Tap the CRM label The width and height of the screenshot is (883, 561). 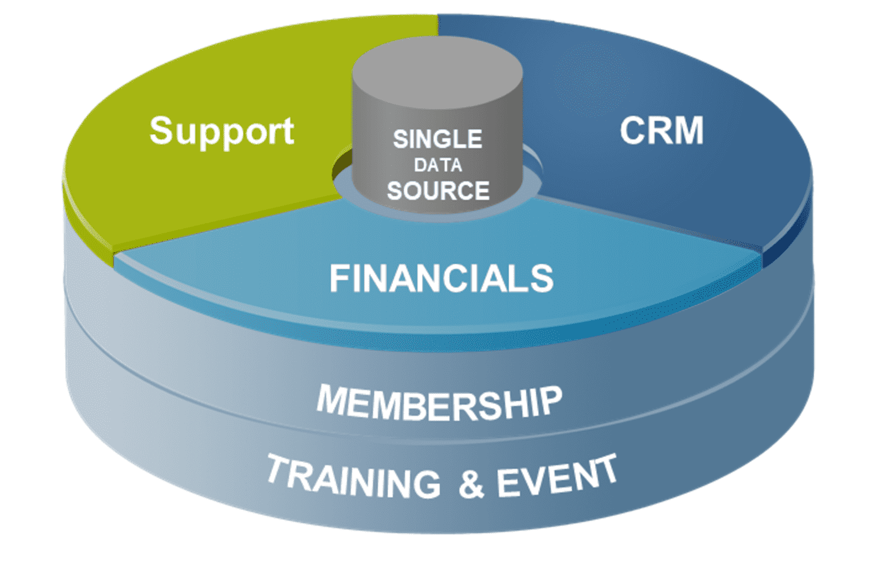pos(661,130)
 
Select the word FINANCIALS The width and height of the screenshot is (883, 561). pos(441,279)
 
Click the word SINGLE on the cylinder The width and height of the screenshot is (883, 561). pos(437,139)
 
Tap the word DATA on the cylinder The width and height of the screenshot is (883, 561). pos(438,166)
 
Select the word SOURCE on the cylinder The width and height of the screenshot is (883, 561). pos(438,191)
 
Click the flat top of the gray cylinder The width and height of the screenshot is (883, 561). pos(437,63)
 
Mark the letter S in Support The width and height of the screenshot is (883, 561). pos(163,130)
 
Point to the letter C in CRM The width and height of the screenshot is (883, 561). pos(633,130)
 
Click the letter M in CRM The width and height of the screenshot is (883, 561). pos(688,130)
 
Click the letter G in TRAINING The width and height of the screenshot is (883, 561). pos(426,484)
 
